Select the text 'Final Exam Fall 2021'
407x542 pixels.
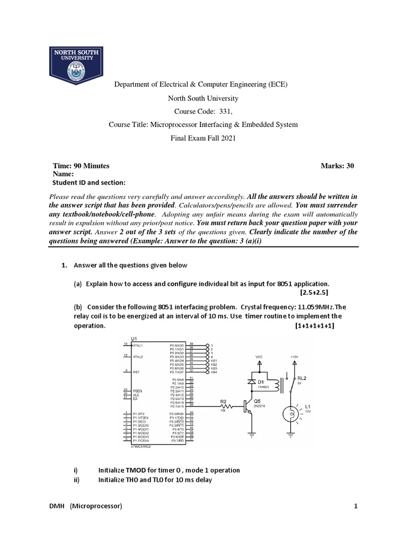pyautogui.click(x=203, y=139)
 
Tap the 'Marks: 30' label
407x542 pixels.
pyautogui.click(x=337, y=166)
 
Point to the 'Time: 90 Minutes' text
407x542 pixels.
pyautogui.click(x=81, y=166)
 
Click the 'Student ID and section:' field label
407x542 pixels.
pyautogui.click(x=89, y=183)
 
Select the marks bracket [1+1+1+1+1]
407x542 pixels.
pyautogui.click(x=315, y=326)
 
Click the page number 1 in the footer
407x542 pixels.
pyautogui.click(x=356, y=507)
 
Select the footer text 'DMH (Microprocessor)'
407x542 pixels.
pyautogui.click(x=85, y=507)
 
